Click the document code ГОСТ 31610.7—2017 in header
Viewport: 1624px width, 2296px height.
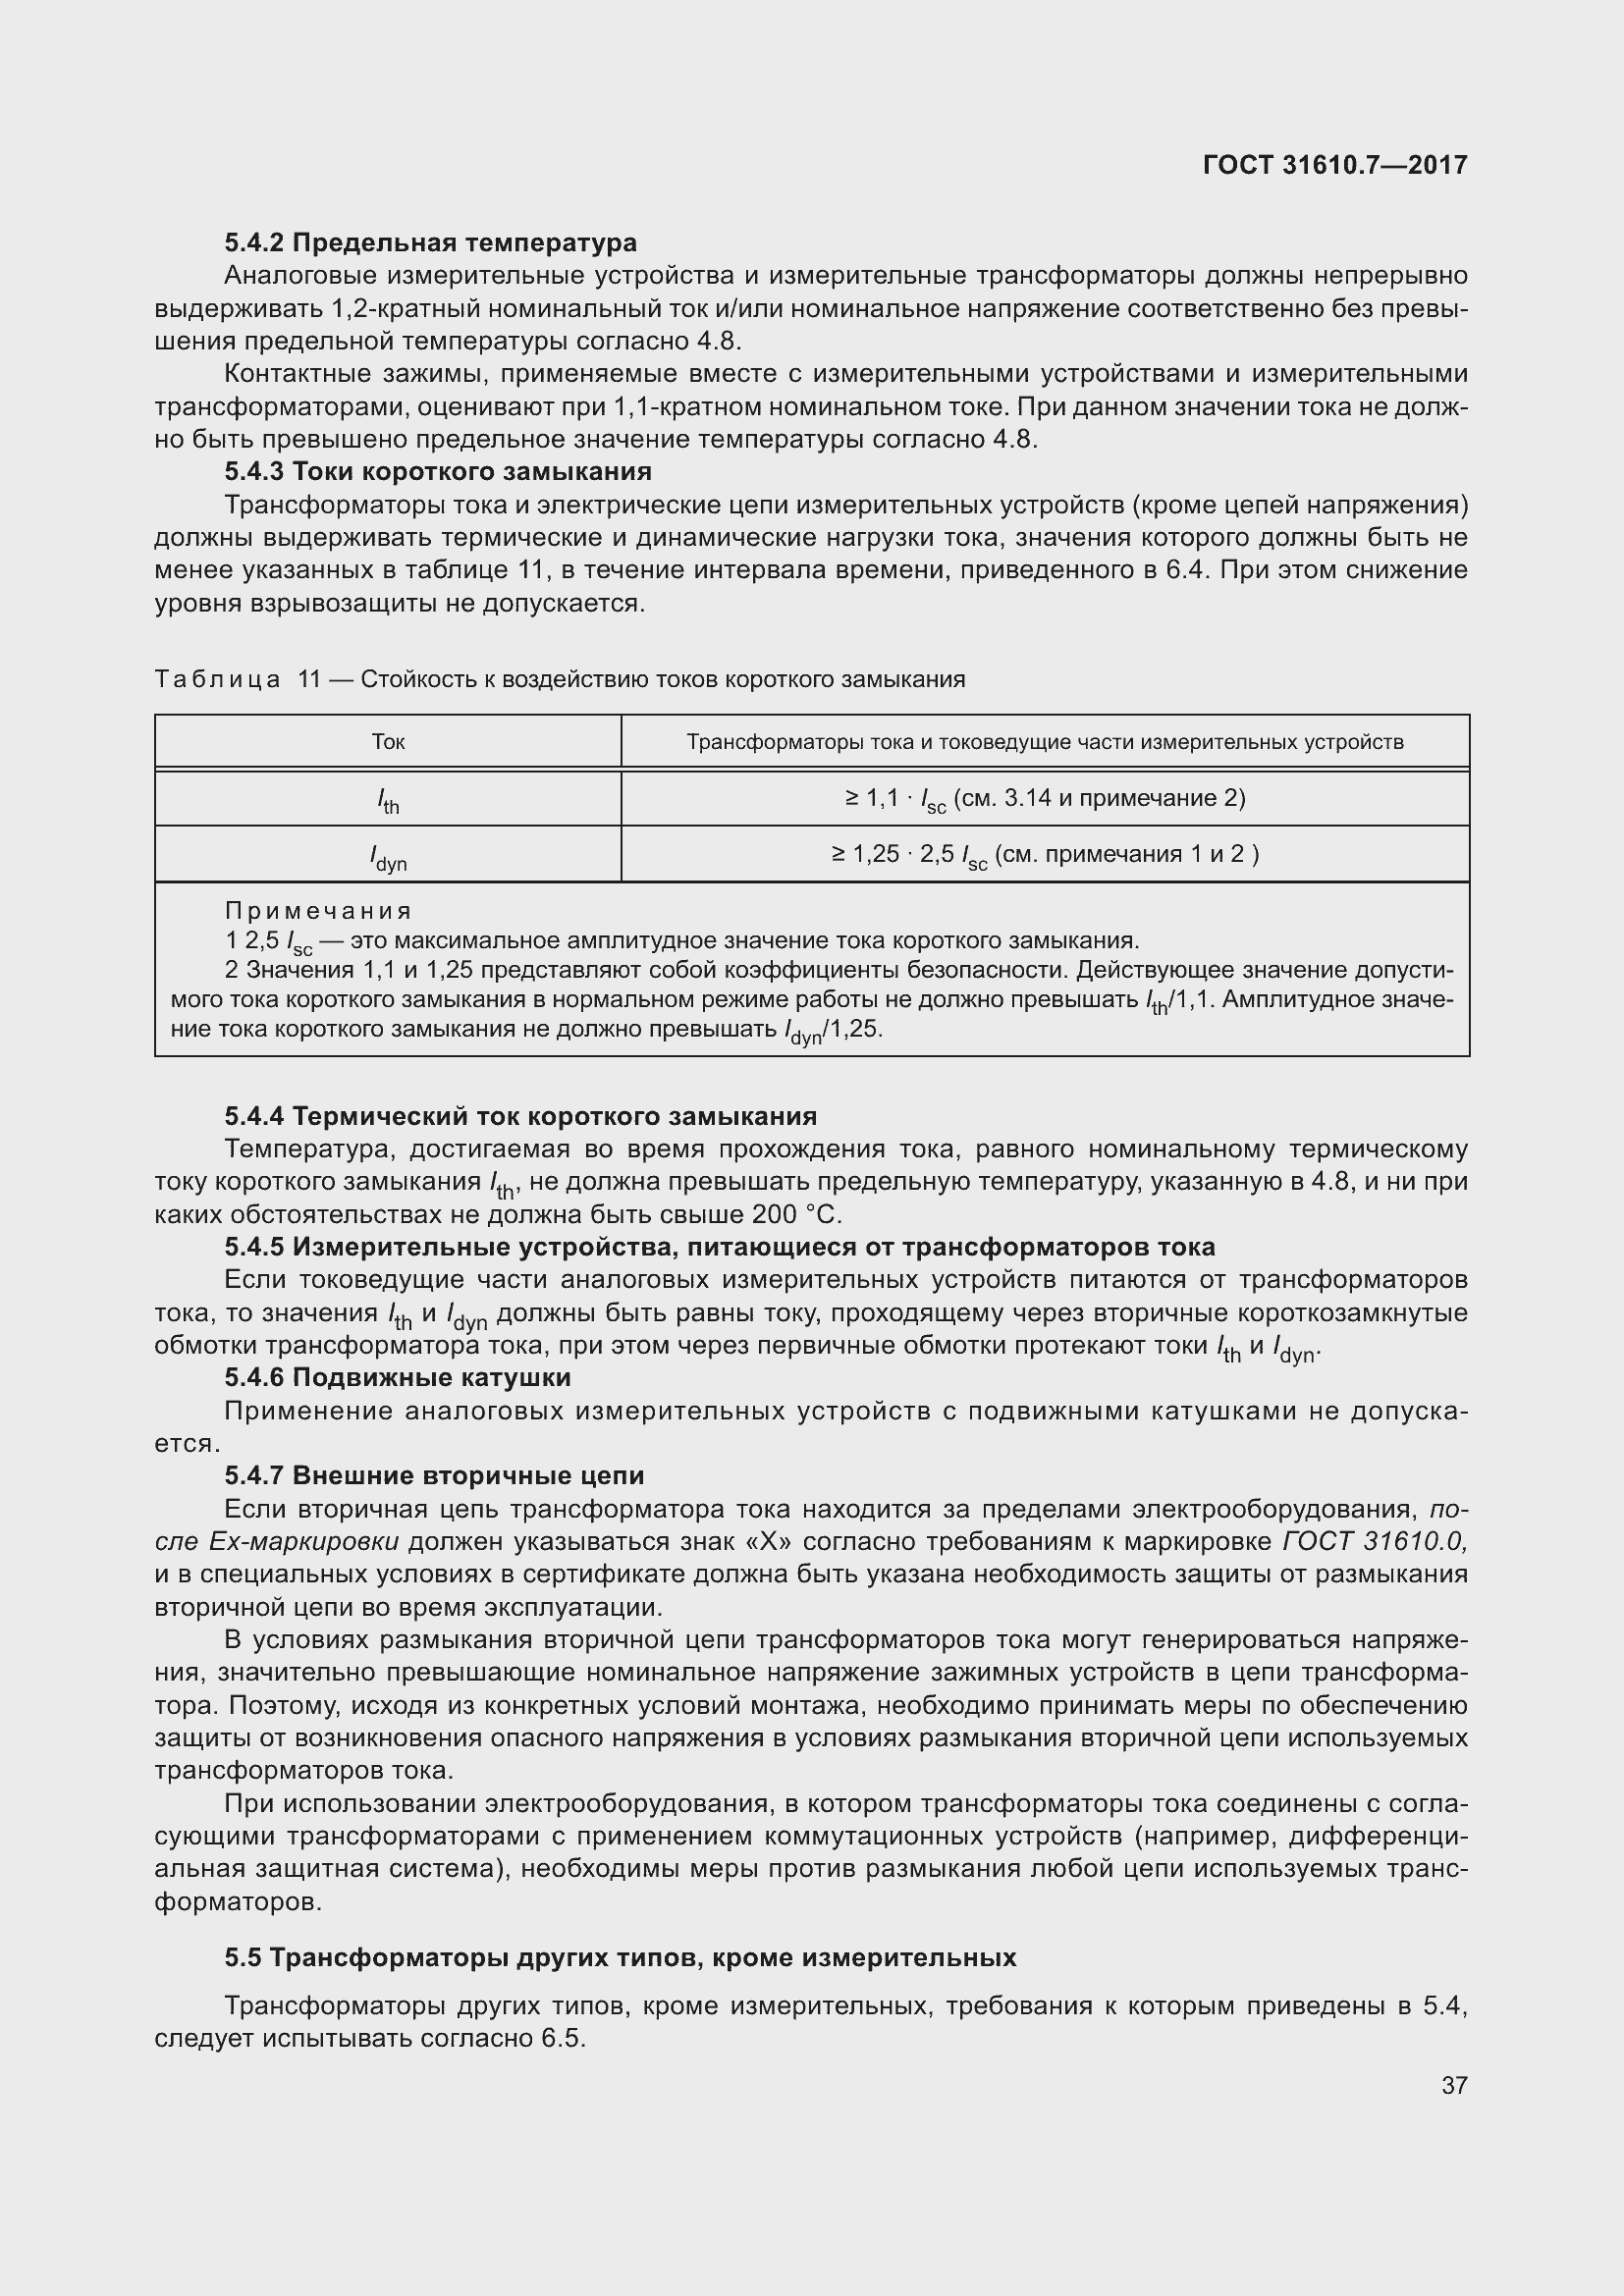click(1334, 165)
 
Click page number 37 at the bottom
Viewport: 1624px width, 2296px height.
click(1454, 2085)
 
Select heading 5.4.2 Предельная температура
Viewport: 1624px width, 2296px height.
click(430, 243)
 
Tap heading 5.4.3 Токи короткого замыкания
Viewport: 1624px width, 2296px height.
click(437, 471)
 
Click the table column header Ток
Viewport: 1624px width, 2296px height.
click(388, 742)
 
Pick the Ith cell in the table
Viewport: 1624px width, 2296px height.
click(388, 800)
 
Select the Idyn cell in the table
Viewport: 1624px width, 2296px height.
click(388, 856)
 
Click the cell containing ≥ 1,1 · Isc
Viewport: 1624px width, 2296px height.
click(1044, 799)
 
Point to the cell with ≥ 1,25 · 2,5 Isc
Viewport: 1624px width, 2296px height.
click(1044, 855)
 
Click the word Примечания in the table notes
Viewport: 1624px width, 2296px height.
click(318, 911)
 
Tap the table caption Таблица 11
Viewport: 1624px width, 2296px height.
click(238, 680)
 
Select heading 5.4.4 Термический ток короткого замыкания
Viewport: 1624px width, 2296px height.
click(520, 1116)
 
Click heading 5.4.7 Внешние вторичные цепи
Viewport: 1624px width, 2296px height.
click(434, 1476)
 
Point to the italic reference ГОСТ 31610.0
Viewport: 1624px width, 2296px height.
click(1374, 1542)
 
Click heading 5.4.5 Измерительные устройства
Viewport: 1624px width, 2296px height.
click(719, 1247)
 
